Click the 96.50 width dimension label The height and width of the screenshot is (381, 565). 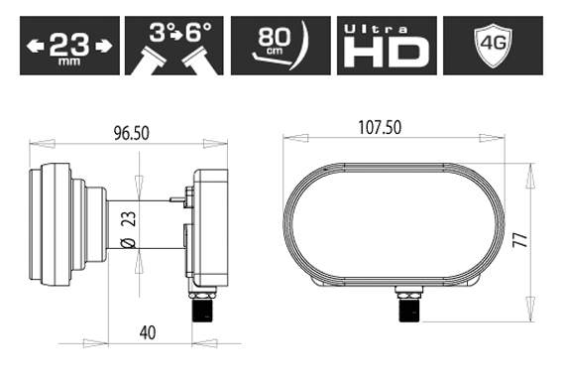(x=131, y=133)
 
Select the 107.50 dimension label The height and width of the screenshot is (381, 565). (x=380, y=128)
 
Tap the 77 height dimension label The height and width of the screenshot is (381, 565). (x=520, y=240)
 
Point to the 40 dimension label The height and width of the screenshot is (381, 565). (x=148, y=332)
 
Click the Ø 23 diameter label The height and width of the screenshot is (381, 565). (x=130, y=229)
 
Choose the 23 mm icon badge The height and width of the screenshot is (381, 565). (x=70, y=46)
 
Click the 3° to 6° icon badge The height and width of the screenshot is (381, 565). (x=174, y=46)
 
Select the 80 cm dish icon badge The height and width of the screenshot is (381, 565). (x=281, y=46)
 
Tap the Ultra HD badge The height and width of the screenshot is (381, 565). (x=387, y=46)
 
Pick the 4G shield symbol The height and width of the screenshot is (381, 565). (x=494, y=45)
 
